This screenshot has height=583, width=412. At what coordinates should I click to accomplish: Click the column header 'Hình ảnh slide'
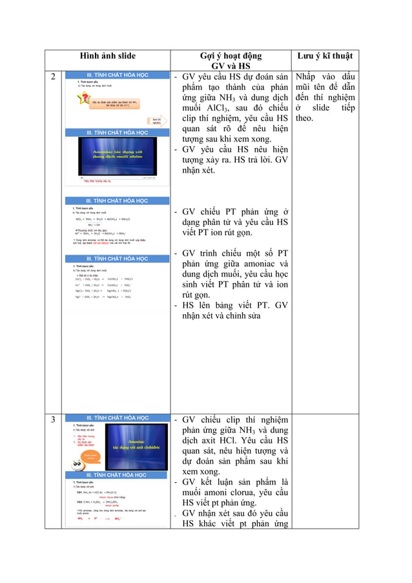108,56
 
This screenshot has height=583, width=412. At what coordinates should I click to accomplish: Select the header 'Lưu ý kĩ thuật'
324,56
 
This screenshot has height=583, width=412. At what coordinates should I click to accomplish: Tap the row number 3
54,420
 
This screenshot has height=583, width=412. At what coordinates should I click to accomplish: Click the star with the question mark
83,99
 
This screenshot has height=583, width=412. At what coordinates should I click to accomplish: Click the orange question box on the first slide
116,103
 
